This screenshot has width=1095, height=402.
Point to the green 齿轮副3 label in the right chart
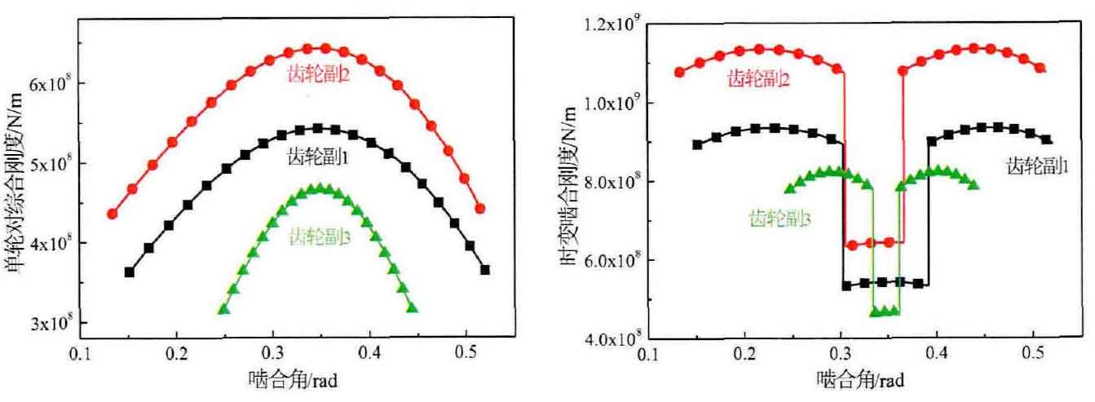pos(779,218)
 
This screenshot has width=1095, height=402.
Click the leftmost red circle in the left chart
pos(112,214)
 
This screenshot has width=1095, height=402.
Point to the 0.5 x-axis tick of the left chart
pos(466,356)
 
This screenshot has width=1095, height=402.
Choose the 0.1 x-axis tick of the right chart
pos(649,356)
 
